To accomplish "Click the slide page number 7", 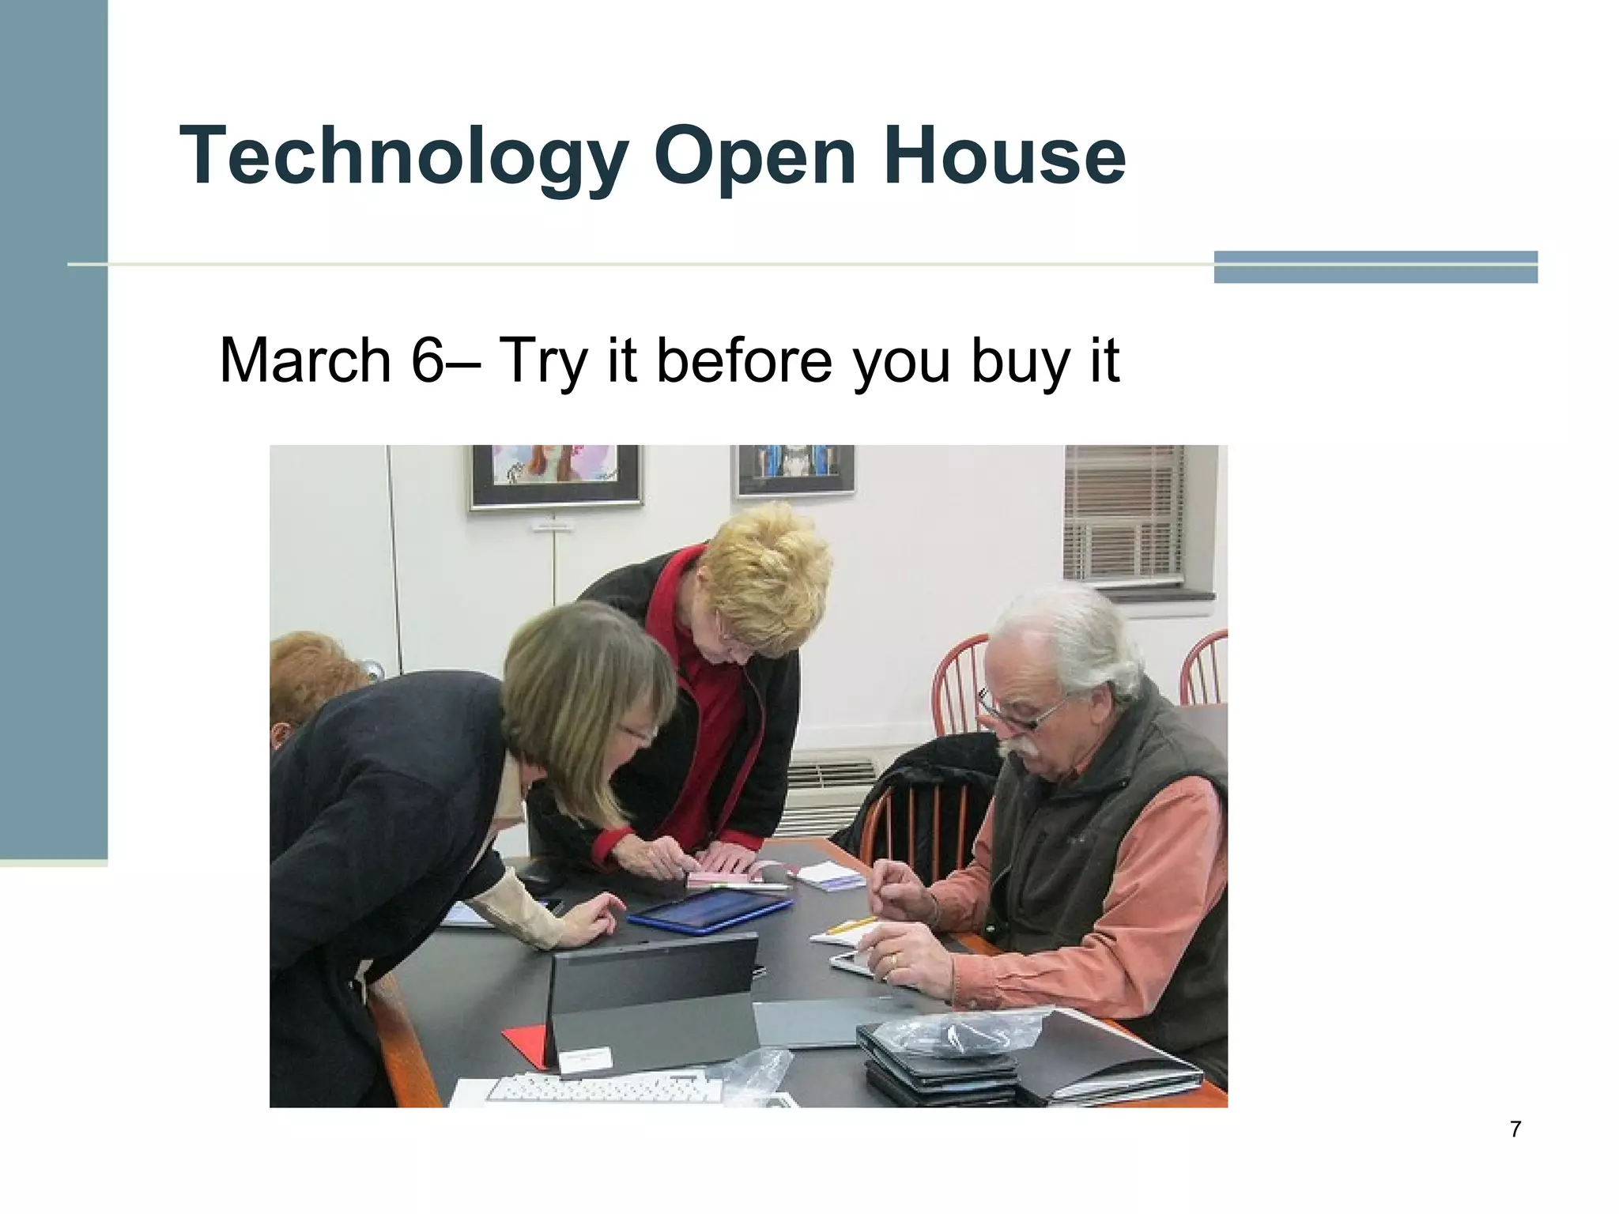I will pyautogui.click(x=1515, y=1129).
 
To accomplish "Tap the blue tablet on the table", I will pyautogui.click(x=709, y=910).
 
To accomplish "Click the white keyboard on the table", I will pyautogui.click(x=605, y=1088).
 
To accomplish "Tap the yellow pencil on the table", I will pyautogui.click(x=851, y=925).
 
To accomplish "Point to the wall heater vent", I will pyautogui.click(x=830, y=782).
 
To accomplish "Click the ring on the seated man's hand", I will pyautogui.click(x=893, y=960).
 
